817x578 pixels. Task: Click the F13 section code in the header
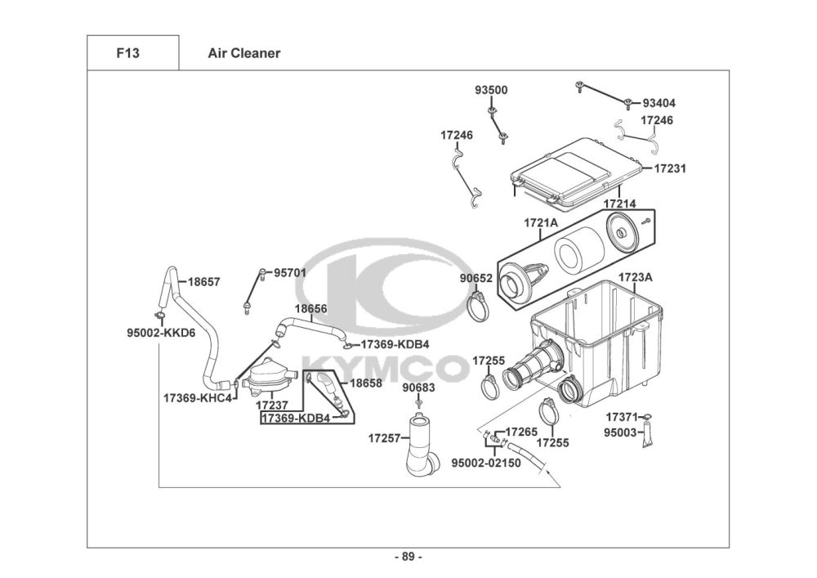click(127, 53)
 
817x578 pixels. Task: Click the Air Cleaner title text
click(243, 53)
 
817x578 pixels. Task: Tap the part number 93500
click(491, 90)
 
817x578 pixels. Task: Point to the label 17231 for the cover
click(669, 168)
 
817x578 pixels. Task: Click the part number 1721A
click(540, 222)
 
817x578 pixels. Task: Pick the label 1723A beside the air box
click(635, 277)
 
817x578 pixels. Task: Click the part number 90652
click(475, 278)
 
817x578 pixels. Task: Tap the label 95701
click(289, 273)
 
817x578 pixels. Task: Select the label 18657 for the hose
click(203, 281)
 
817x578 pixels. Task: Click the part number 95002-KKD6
click(160, 333)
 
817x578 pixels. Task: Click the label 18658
click(366, 383)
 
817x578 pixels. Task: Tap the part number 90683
click(418, 388)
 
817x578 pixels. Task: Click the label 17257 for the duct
click(384, 438)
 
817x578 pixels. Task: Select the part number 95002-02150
click(486, 462)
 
